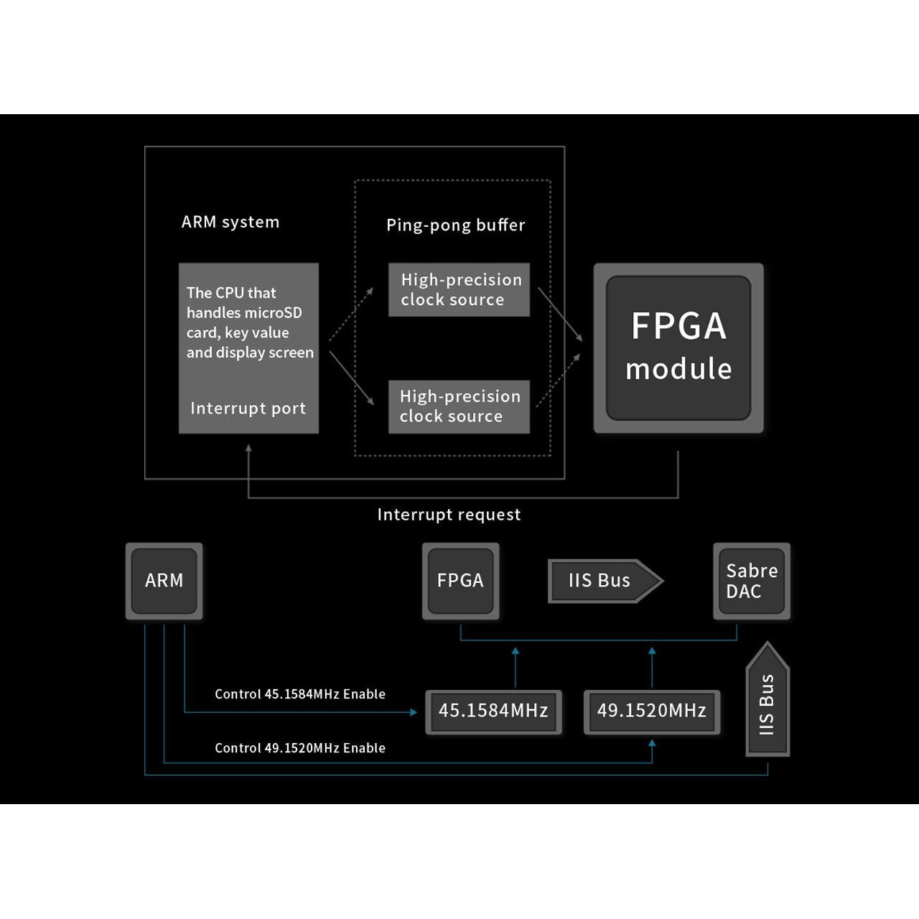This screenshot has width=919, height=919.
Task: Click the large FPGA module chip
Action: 678,347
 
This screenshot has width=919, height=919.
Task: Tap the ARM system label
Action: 230,222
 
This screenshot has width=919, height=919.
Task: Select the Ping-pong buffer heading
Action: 455,225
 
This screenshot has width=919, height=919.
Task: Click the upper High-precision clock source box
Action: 459,289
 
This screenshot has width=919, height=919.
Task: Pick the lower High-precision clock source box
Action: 459,406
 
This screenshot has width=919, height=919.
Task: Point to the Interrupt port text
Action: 248,409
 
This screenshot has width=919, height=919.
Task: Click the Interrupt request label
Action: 449,515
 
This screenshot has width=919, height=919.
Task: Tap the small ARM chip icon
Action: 164,581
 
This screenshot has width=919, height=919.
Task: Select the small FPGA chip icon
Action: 460,581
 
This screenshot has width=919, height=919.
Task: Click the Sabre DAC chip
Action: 751,581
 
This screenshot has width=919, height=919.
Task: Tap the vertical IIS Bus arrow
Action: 768,700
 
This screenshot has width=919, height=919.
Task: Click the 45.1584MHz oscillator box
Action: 493,711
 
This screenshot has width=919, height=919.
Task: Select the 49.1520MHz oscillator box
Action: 651,711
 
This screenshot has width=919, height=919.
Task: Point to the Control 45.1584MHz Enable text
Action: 300,694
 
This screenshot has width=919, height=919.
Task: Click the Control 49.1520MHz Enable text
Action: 300,748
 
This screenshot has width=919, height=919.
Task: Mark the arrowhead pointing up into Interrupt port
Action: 248,449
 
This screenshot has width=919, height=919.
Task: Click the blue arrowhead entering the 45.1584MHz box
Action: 413,712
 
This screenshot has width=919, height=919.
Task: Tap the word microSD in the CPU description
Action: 274,313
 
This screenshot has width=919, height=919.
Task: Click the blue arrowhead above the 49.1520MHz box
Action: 652,652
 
